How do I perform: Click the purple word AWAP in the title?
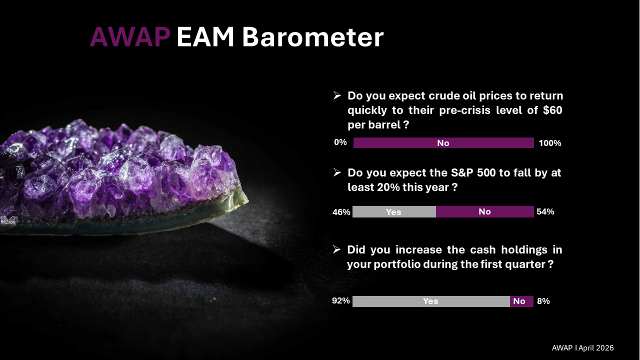click(130, 37)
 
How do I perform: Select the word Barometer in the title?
click(313, 37)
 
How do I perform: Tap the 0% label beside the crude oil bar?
click(340, 142)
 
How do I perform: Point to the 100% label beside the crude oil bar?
click(550, 143)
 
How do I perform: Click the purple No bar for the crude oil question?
click(443, 143)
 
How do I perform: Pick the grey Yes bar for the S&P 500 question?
click(394, 211)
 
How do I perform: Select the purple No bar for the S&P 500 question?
click(485, 211)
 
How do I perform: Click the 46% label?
click(341, 212)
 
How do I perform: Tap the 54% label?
click(545, 211)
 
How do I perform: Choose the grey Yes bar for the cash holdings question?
click(431, 301)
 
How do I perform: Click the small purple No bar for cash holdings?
click(521, 301)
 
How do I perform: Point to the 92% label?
click(341, 300)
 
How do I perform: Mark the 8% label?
click(543, 301)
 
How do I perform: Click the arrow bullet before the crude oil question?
click(337, 95)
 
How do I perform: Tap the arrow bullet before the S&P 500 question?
click(337, 172)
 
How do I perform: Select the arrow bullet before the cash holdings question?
click(337, 249)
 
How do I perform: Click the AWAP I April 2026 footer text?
click(583, 347)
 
